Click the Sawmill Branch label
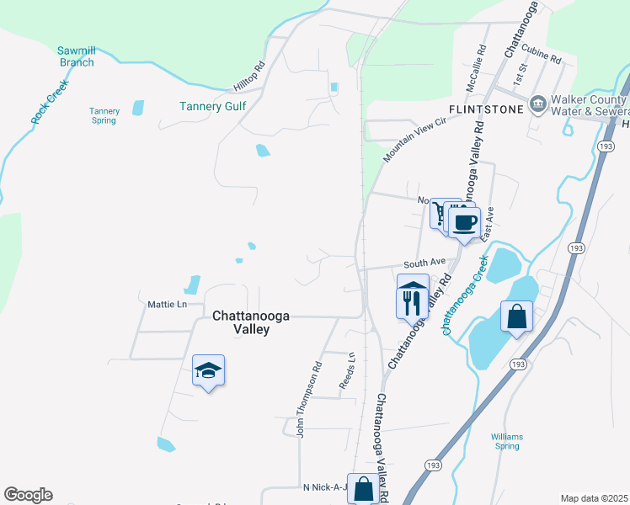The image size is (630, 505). coord(75,56)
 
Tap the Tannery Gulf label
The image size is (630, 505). coord(211,106)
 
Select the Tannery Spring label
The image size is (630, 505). coord(104,115)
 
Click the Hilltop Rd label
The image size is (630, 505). coord(250,77)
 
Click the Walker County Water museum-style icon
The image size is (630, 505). coord(538,105)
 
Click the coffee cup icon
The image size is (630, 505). coord(464,223)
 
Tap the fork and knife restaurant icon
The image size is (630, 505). coord(412,302)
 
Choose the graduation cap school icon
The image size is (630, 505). coord(208,369)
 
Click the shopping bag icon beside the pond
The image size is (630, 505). coord(516,316)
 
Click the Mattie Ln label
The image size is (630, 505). coord(166,304)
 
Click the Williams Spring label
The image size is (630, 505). coord(508,441)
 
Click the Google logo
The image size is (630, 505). coord(28,495)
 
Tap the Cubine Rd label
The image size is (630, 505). coord(545,57)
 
